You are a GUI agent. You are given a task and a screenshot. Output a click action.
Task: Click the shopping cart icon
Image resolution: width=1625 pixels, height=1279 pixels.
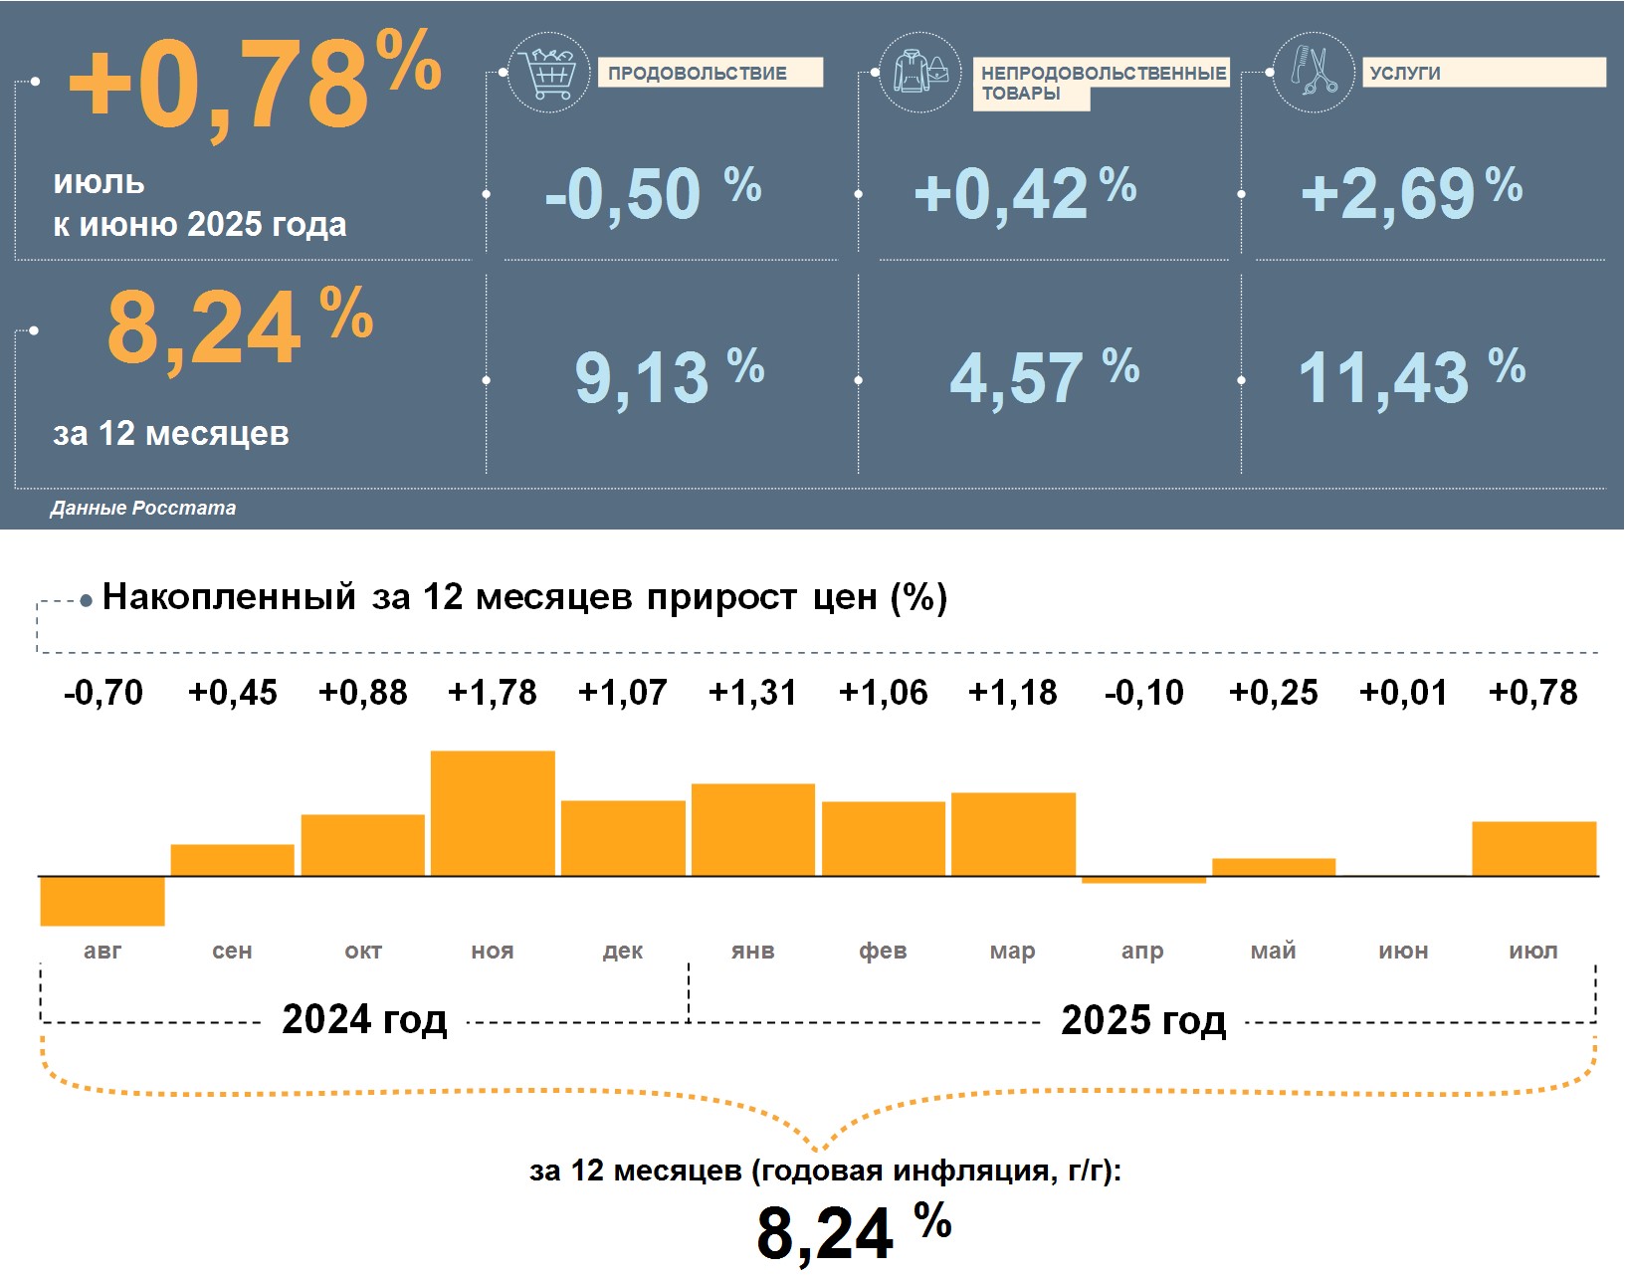(548, 73)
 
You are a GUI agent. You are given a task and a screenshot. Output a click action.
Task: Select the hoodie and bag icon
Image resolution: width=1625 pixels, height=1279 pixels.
(920, 72)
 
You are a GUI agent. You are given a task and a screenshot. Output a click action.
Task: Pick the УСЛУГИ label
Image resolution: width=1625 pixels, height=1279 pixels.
(1405, 73)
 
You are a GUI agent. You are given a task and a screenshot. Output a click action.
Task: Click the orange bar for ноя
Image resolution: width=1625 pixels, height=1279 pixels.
(493, 813)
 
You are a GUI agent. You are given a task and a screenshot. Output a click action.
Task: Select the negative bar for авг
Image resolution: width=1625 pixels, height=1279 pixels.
(102, 901)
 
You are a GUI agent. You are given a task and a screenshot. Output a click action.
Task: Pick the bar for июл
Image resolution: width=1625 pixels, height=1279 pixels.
(1533, 848)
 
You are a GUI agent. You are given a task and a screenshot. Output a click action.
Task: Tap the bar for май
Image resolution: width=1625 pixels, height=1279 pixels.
(1274, 867)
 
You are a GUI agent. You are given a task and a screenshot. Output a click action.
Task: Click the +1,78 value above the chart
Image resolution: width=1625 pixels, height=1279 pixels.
(493, 693)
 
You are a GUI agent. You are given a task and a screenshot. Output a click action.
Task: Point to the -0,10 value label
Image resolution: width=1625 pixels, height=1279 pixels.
(1144, 693)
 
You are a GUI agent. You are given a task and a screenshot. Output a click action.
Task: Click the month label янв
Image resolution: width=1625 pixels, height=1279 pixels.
(752, 952)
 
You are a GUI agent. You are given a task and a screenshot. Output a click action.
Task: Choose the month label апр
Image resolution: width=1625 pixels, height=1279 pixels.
(1142, 952)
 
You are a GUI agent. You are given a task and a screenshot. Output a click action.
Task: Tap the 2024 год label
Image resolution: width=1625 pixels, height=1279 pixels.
(364, 1020)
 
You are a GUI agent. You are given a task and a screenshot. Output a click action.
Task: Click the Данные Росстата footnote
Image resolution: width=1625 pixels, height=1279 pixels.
(143, 509)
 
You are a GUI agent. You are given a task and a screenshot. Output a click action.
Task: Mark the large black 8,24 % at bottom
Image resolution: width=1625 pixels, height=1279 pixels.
(853, 1232)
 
